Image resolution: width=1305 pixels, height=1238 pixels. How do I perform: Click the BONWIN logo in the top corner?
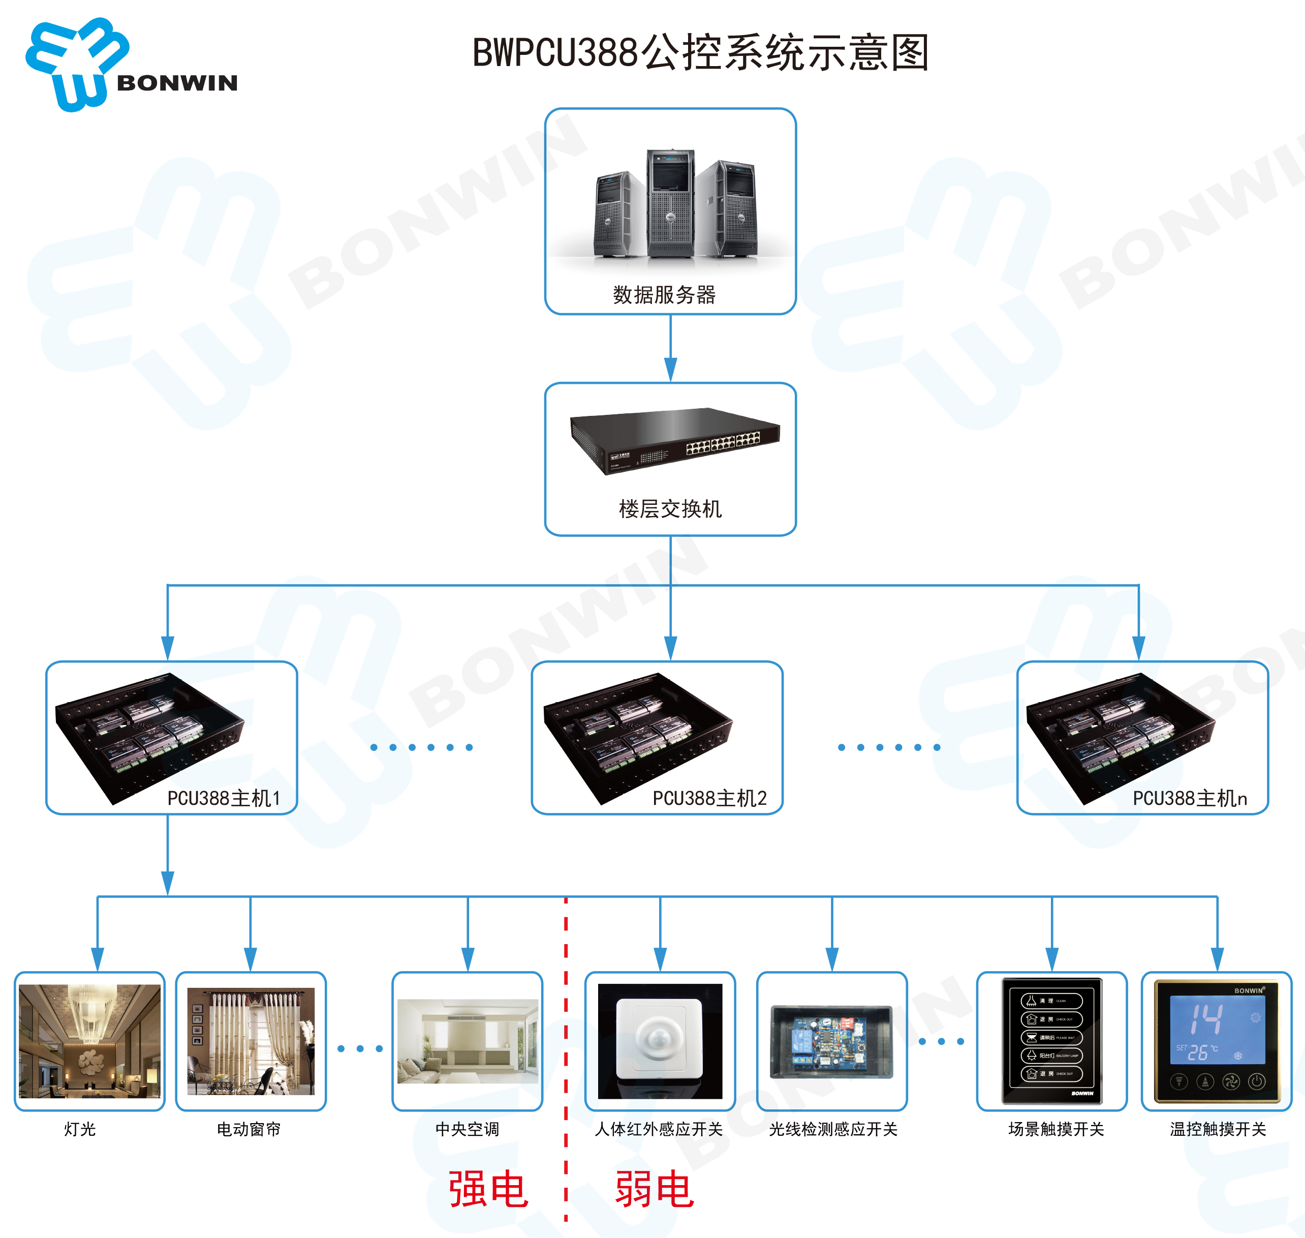pyautogui.click(x=131, y=65)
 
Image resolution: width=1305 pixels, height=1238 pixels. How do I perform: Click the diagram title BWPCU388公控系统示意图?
pyautogui.click(x=701, y=53)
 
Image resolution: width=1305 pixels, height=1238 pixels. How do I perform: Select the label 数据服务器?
pyautogui.click(x=664, y=294)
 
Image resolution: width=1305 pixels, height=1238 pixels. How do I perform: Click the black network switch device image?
pyautogui.click(x=674, y=439)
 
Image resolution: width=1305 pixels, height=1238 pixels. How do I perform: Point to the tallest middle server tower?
pyautogui.click(x=670, y=203)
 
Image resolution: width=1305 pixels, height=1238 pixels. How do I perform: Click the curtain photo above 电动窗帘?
pyautogui.click(x=251, y=1041)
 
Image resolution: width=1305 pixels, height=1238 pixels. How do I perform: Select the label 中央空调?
pyautogui.click(x=467, y=1129)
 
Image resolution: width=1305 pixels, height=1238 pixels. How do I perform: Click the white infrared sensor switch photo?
pyautogui.click(x=660, y=1041)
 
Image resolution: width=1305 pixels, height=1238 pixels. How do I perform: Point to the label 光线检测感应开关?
pyautogui.click(x=832, y=1129)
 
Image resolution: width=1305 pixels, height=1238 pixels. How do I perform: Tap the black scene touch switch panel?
pyautogui.click(x=1051, y=1041)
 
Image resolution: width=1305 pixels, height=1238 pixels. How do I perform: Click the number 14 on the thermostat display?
pyautogui.click(x=1206, y=1018)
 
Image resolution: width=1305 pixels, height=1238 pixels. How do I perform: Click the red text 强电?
pyautogui.click(x=488, y=1189)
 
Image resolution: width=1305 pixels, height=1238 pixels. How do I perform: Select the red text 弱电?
pyautogui.click(x=654, y=1189)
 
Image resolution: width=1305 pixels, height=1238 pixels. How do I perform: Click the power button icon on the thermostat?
pyautogui.click(x=1257, y=1081)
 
